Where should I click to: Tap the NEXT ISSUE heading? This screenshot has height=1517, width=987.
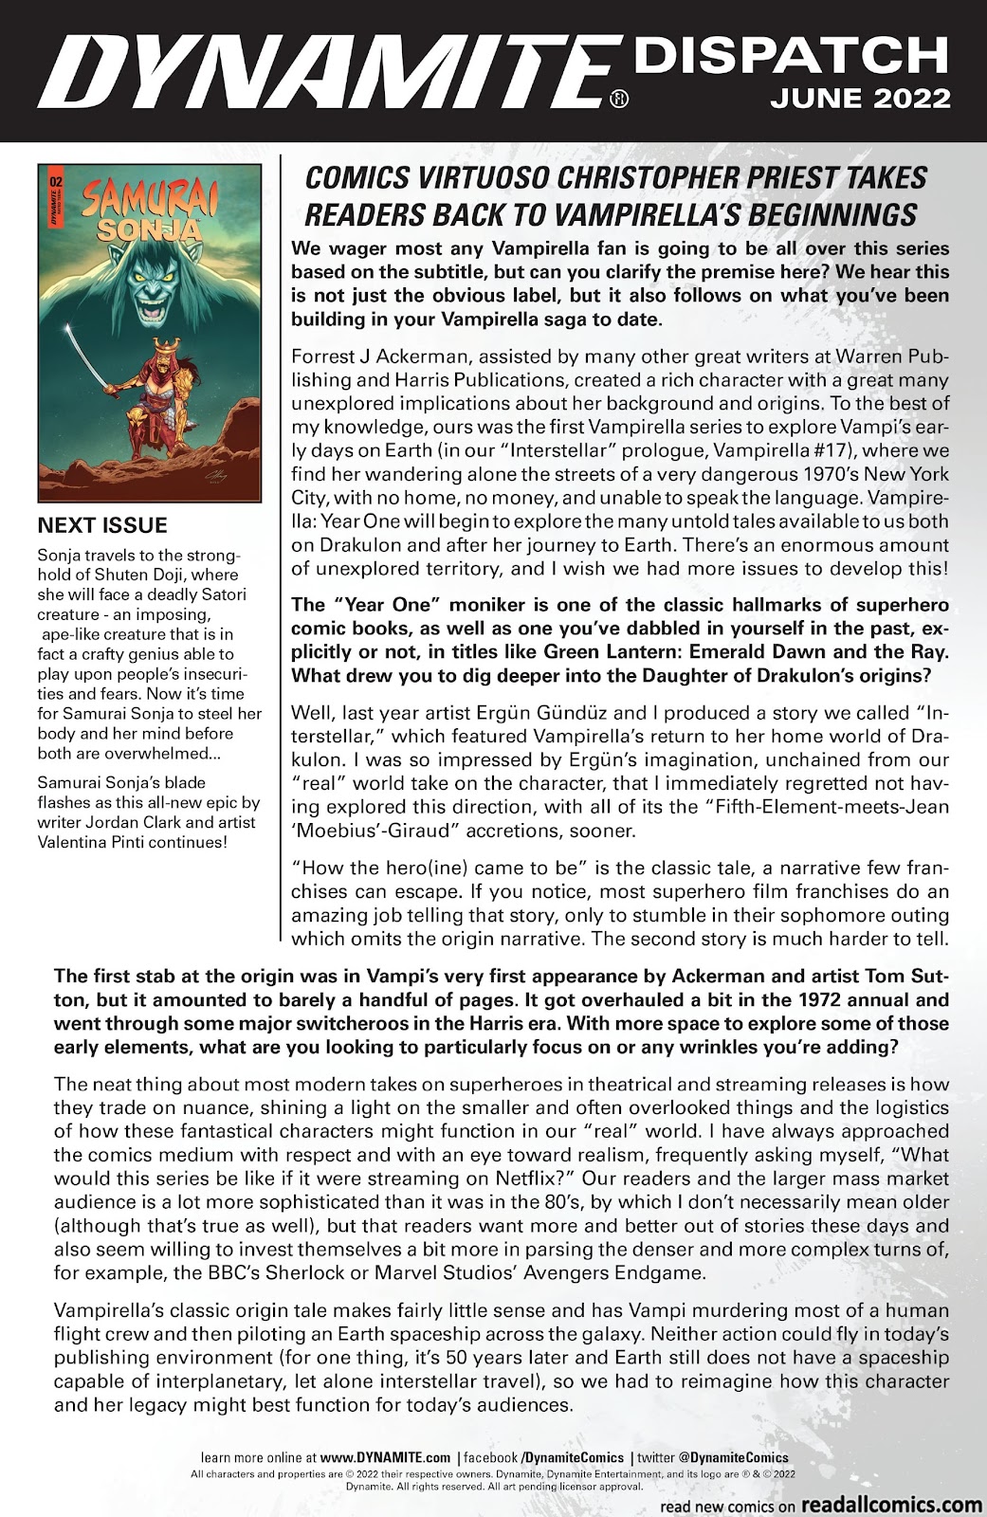[x=101, y=526]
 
